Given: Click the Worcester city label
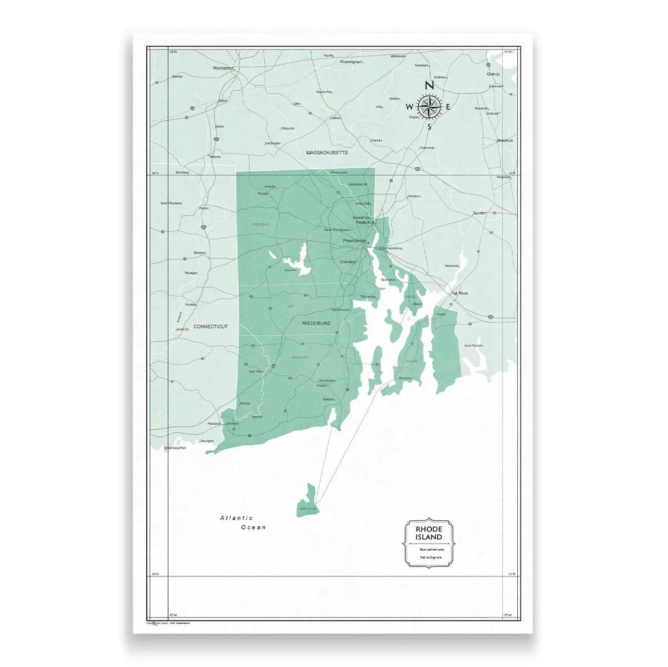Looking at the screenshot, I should [x=221, y=68].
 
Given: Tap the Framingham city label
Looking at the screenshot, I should [x=352, y=62].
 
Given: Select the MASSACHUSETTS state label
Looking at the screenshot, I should [x=326, y=152].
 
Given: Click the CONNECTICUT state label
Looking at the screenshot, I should [x=210, y=326].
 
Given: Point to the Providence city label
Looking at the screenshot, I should [x=354, y=241].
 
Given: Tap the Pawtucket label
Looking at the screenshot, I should [x=365, y=222].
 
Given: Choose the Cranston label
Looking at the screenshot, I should [x=348, y=261].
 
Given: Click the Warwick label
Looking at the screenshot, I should [x=369, y=297].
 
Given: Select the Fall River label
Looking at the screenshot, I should [x=460, y=292].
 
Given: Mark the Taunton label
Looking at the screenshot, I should [x=479, y=213].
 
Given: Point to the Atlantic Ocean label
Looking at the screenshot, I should [x=243, y=522].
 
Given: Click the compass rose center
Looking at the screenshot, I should [x=429, y=106].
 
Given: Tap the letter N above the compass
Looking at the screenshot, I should [x=429, y=86].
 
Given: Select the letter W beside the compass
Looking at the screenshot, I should [x=409, y=107].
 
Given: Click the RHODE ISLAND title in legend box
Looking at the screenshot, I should [x=429, y=533].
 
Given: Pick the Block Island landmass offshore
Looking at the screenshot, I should [x=308, y=500].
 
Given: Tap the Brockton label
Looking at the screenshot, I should [x=504, y=141].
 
